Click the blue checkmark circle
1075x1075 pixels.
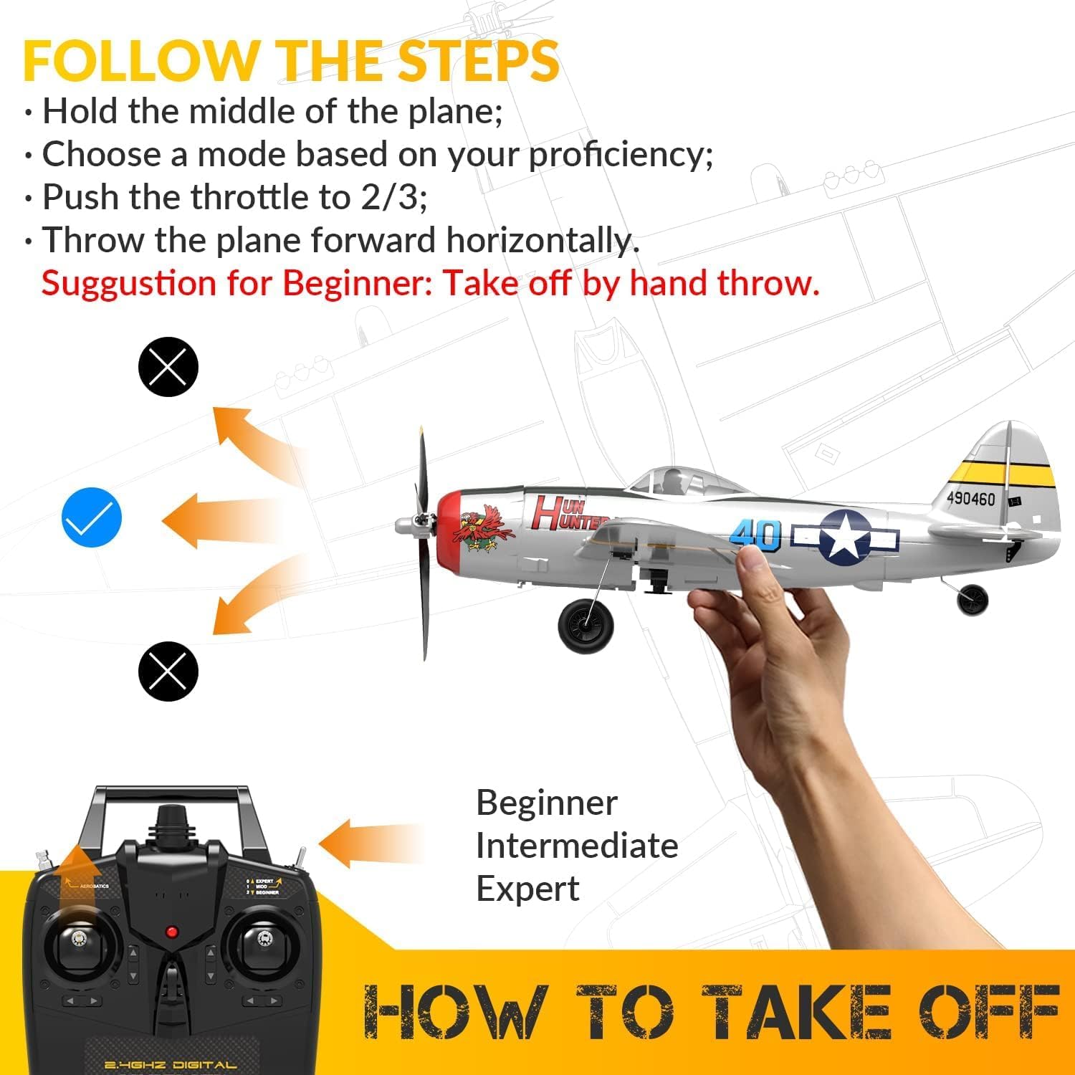pos(92,517)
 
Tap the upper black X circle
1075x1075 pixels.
pos(168,366)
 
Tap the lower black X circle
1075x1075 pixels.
pos(168,671)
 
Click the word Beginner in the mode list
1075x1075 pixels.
pos(546,803)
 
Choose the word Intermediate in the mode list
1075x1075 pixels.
pos(576,846)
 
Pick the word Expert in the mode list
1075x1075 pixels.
pos(527,889)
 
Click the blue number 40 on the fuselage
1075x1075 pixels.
pos(755,535)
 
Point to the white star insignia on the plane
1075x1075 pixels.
pos(845,536)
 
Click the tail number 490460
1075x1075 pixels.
pos(970,497)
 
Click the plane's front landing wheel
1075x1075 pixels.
pos(586,626)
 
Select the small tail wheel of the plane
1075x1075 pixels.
pos(972,599)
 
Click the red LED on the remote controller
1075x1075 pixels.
pos(171,932)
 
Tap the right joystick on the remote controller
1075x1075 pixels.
pos(262,939)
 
